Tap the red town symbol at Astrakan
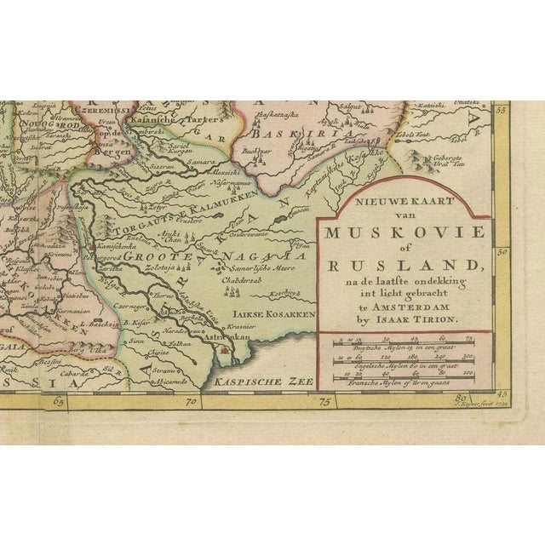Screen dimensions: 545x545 point(224,348)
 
